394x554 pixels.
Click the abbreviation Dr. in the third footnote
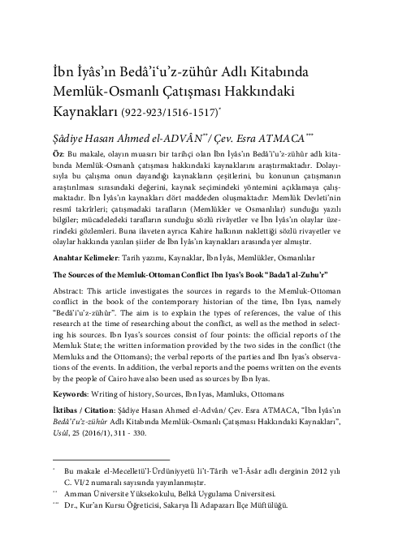(x=70, y=528)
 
